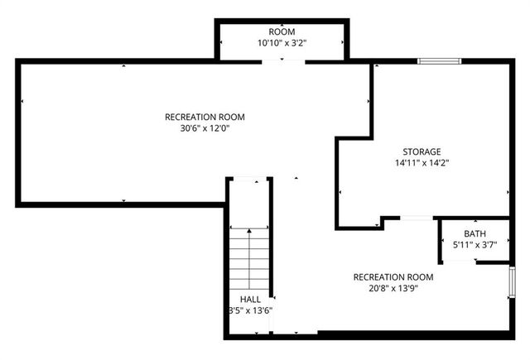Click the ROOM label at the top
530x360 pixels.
(282, 31)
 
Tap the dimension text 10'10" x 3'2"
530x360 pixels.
(282, 42)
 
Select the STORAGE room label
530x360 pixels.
(422, 151)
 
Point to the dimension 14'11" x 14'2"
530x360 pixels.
(422, 163)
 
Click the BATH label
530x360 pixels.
(475, 234)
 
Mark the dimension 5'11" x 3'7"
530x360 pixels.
(475, 246)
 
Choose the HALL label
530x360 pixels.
(250, 299)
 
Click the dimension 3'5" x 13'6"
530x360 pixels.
(250, 310)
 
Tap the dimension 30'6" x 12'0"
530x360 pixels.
(205, 128)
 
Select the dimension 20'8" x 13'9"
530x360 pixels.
(393, 289)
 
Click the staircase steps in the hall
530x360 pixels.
(249, 257)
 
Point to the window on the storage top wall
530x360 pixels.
(439, 60)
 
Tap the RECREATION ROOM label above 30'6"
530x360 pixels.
(205, 117)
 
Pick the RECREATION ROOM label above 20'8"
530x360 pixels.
(393, 276)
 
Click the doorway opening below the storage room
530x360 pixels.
(417, 218)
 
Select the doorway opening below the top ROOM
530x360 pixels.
(282, 60)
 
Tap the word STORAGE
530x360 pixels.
(422, 151)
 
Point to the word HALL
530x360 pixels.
(250, 299)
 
